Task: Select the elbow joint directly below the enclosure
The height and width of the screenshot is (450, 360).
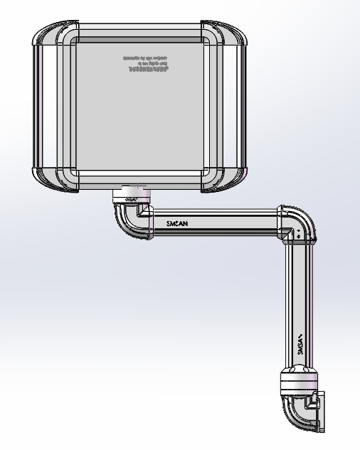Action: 132,218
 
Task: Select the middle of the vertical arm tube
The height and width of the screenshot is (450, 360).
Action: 297,306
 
